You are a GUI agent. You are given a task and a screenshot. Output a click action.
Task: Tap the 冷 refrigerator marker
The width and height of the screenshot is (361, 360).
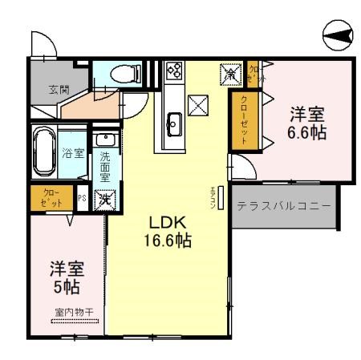[231, 75]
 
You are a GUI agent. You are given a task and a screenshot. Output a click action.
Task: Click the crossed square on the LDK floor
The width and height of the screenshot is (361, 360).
[197, 104]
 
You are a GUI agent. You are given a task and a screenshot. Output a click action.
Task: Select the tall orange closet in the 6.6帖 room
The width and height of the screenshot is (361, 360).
[239, 119]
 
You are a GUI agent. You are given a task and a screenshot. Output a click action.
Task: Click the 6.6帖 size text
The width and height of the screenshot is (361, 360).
[306, 132]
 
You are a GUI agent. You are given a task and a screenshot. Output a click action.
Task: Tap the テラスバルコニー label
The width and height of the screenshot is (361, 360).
[283, 206]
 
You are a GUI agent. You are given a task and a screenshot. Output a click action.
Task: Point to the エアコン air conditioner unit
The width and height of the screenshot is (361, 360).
[220, 196]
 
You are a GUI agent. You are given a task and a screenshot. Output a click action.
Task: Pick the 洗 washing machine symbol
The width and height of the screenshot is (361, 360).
[104, 200]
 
